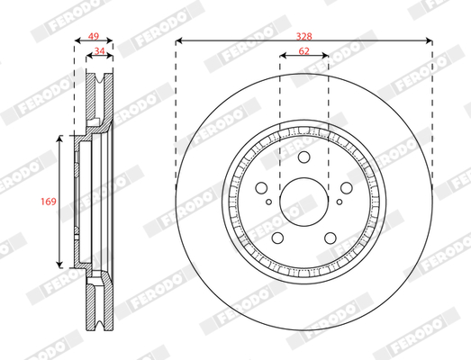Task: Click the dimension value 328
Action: pos(304,36)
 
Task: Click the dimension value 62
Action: pos(304,51)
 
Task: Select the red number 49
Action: pos(94,36)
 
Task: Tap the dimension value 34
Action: pos(99,51)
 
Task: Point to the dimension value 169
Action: pos(49,202)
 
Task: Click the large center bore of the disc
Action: pos(304,202)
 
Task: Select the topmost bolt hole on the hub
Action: pos(304,157)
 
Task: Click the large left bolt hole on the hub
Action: pos(261,188)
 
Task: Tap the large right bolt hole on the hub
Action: pos(347,188)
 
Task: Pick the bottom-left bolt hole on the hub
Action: pos(277,238)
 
